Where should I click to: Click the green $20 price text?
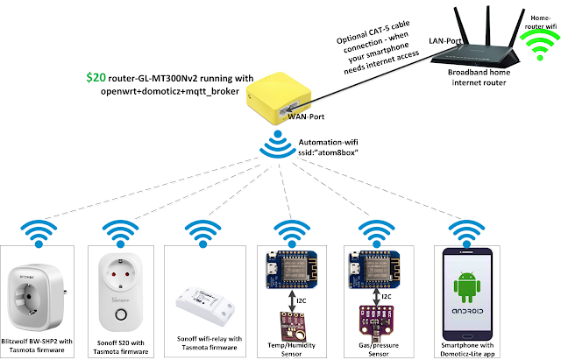(x=96, y=77)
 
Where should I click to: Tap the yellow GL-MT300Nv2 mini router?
(x=278, y=97)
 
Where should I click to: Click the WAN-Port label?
(x=306, y=116)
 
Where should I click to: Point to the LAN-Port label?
(x=444, y=41)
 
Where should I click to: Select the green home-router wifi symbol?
(x=540, y=45)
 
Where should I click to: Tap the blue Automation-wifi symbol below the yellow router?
(x=278, y=145)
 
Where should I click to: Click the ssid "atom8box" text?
(x=328, y=152)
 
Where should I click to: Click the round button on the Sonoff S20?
(x=121, y=315)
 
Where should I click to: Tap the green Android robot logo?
(x=467, y=286)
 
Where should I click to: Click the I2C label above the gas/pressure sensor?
(x=387, y=297)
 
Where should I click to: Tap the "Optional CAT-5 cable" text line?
(x=373, y=32)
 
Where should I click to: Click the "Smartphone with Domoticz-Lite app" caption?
(x=467, y=349)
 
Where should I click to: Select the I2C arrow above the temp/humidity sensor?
(x=292, y=301)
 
